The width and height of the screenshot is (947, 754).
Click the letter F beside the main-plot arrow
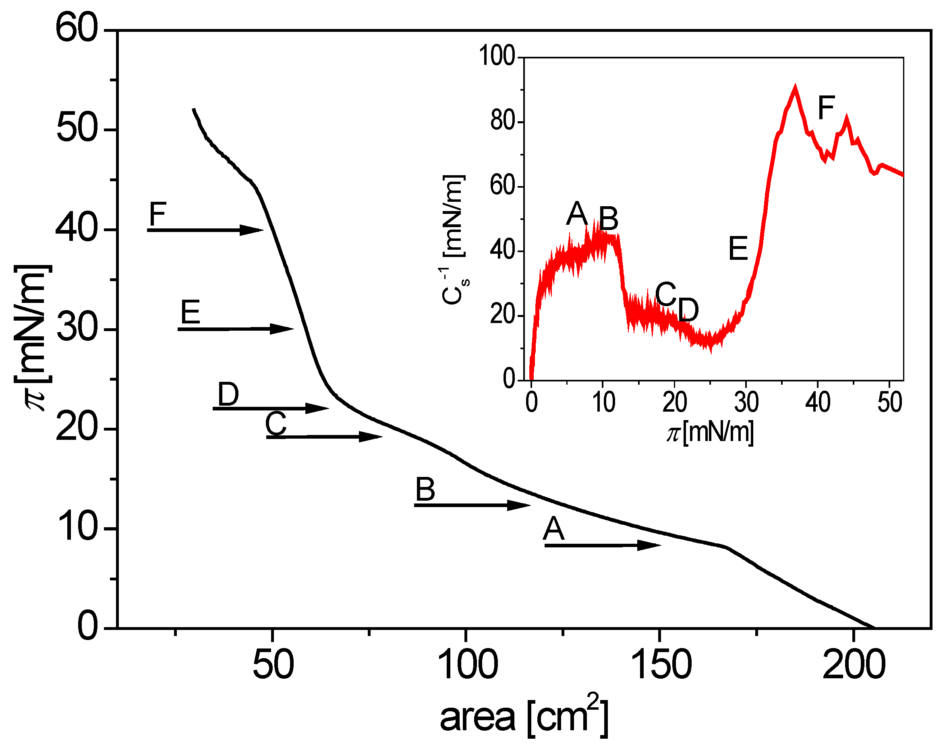157,214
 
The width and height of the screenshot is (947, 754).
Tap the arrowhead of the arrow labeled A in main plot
649,545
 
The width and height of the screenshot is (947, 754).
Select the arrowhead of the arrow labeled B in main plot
519,505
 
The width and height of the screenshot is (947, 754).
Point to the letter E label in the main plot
190,312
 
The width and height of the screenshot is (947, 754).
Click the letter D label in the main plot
228,394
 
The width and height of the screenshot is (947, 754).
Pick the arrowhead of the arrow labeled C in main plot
370,437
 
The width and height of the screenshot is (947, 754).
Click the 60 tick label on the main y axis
76,29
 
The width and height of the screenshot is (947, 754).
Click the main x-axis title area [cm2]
524,717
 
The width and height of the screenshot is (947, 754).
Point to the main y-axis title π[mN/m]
33,338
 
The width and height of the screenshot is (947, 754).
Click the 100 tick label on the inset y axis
496,56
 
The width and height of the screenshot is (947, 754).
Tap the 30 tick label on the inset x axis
746,402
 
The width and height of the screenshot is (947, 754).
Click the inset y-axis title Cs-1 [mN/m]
454,239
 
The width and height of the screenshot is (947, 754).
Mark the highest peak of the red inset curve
795,88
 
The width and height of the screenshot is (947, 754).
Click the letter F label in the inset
826,108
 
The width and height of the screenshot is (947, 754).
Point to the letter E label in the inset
738,249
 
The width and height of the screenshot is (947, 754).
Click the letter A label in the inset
577,214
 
